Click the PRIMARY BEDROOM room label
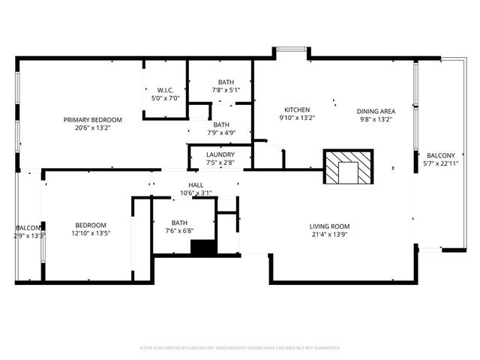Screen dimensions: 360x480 (x=92, y=119)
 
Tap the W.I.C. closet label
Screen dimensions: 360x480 (x=166, y=90)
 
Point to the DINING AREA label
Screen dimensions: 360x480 (x=376, y=109)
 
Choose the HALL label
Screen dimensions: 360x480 (x=196, y=184)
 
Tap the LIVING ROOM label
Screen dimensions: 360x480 (x=330, y=226)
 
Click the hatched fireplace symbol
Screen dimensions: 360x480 (x=347, y=167)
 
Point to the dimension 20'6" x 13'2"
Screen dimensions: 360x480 (x=92, y=127)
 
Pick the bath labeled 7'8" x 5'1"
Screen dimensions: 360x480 (x=226, y=90)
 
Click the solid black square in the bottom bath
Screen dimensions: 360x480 (x=202, y=248)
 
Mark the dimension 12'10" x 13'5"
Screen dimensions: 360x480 (x=90, y=233)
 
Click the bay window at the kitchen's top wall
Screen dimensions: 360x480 (x=289, y=52)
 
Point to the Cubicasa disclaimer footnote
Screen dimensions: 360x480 (x=240, y=348)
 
